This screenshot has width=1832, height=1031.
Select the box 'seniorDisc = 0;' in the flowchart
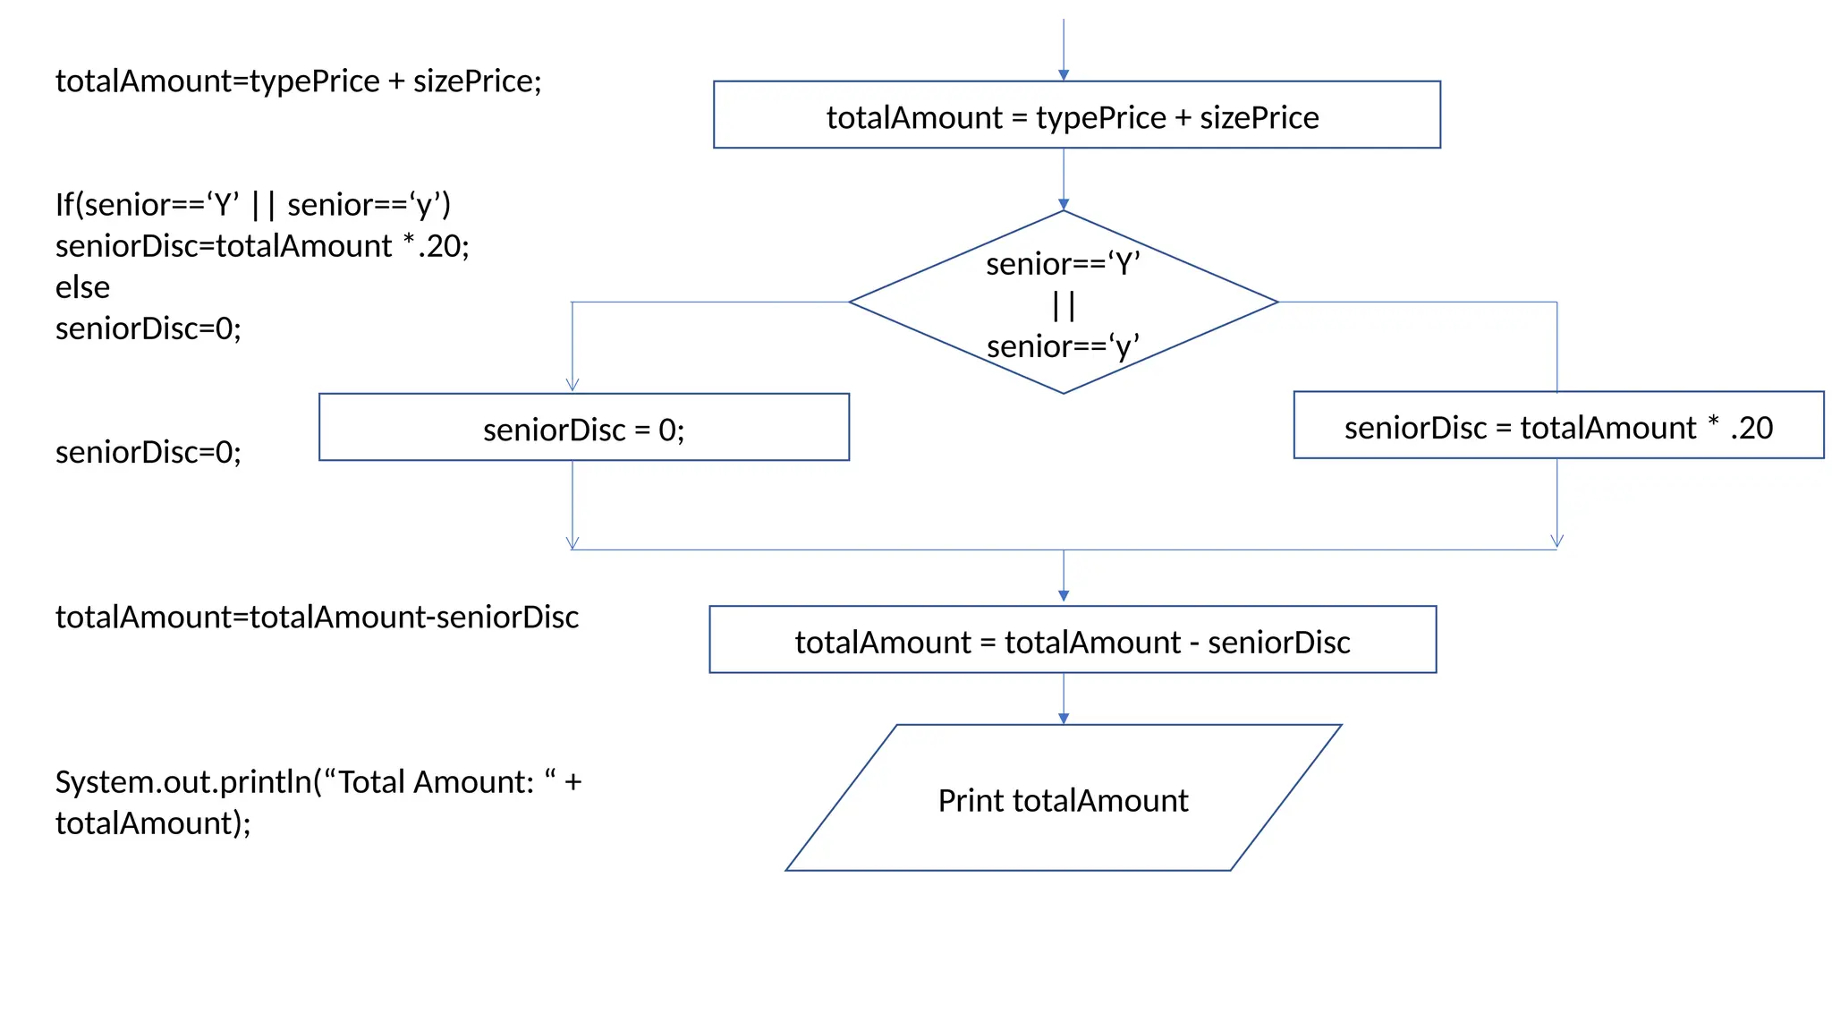click(583, 429)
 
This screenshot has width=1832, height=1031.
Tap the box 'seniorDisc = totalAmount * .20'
click(1557, 427)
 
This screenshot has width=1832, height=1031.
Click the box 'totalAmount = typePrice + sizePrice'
click(1075, 116)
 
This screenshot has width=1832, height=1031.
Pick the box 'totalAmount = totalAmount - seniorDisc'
click(1072, 641)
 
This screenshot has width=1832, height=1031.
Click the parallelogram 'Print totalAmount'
click(1062, 799)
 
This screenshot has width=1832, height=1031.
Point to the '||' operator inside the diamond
click(1063, 305)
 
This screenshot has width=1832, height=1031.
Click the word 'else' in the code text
click(82, 287)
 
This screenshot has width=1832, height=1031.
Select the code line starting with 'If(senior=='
click(252, 205)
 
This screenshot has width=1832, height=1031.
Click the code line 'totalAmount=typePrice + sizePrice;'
click(298, 81)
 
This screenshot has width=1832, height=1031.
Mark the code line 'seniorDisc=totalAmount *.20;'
click(261, 246)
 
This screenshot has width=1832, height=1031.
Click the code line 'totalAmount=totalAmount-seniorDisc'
click(317, 617)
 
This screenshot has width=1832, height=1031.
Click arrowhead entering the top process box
click(1063, 75)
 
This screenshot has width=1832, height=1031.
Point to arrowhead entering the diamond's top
click(1063, 204)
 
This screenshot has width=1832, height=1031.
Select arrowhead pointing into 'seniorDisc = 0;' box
click(572, 385)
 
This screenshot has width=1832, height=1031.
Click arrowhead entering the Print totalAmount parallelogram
click(1063, 718)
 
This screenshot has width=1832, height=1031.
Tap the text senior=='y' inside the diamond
click(1063, 346)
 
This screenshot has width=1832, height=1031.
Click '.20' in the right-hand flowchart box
click(1751, 428)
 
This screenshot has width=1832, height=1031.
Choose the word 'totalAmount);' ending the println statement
click(153, 823)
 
